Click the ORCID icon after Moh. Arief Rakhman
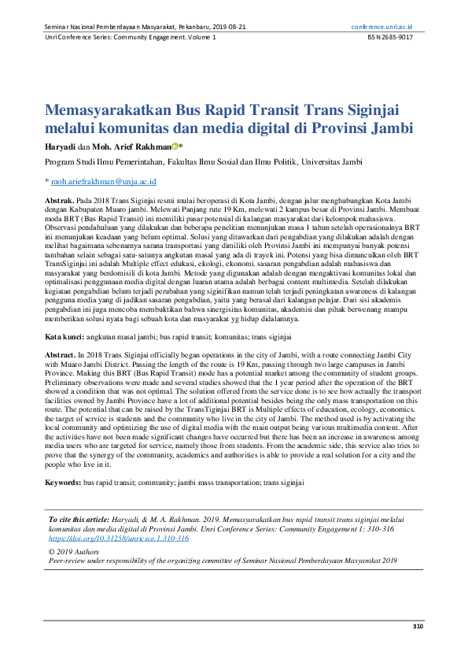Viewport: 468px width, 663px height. click(176, 146)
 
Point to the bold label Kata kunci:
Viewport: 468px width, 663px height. click(68, 336)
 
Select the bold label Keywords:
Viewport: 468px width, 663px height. click(64, 480)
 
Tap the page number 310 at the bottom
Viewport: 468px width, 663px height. click(418, 626)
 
